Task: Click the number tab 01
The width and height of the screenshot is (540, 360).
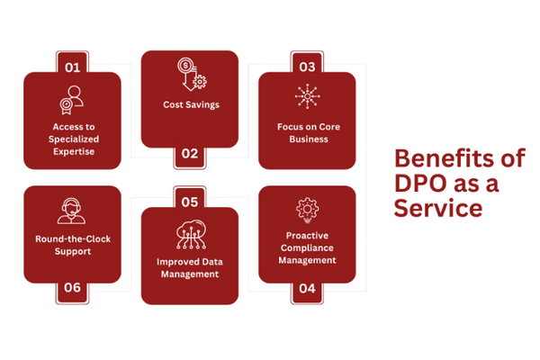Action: click(72, 66)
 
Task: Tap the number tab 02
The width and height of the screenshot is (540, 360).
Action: click(189, 154)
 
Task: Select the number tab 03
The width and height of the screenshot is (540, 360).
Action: click(307, 66)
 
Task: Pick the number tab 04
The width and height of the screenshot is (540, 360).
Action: click(307, 289)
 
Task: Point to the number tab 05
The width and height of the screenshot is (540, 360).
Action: click(189, 202)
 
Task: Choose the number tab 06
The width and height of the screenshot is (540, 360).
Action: click(72, 289)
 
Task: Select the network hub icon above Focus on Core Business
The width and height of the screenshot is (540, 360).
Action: click(307, 97)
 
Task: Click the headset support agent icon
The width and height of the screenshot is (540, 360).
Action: click(72, 210)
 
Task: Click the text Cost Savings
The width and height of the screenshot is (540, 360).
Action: click(191, 105)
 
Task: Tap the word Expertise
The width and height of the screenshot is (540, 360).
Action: click(72, 152)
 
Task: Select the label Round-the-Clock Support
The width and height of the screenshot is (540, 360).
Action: click(72, 245)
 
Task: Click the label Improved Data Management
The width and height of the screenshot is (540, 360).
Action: click(190, 267)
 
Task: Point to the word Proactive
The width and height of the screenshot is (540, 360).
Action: click(307, 235)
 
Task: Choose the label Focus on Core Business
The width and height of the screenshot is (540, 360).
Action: click(307, 133)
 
